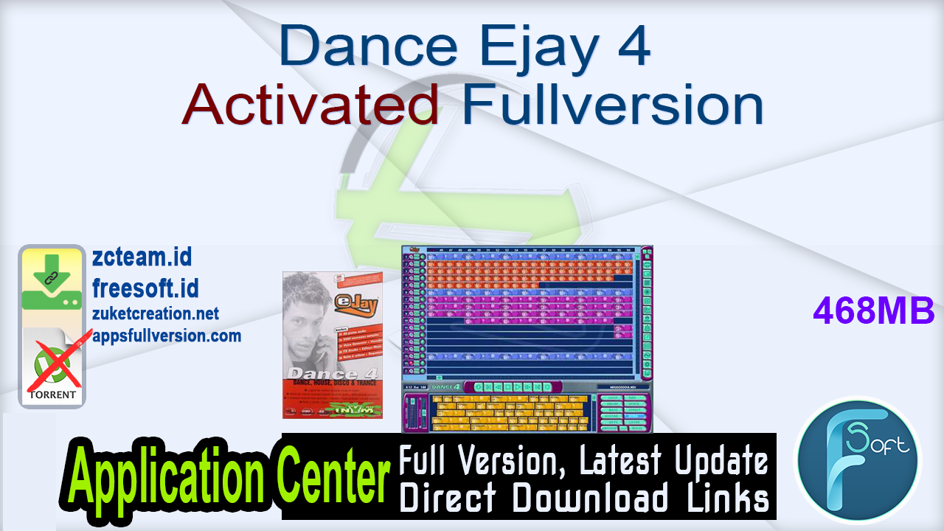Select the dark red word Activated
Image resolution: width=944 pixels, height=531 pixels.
(x=311, y=105)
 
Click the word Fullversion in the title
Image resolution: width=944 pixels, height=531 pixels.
(x=613, y=105)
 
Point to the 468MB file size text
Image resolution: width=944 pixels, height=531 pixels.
(x=874, y=311)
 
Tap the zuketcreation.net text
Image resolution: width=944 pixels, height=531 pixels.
(x=156, y=313)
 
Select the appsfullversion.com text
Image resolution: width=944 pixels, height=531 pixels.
(x=167, y=336)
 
